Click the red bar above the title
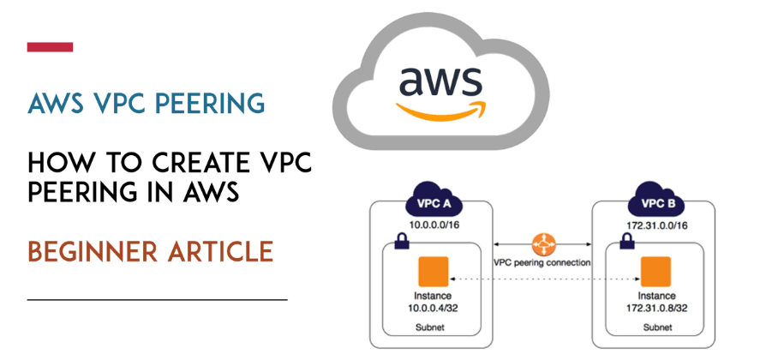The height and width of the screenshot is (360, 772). point(50,47)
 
